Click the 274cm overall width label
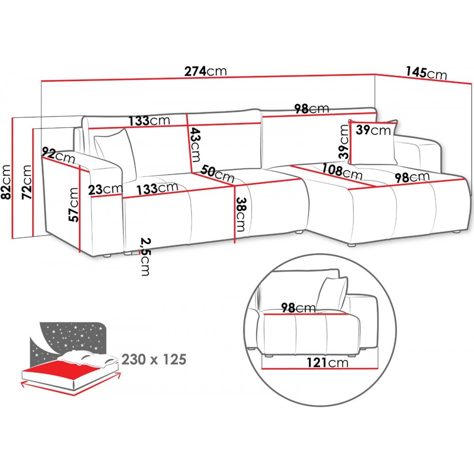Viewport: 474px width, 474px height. (206, 72)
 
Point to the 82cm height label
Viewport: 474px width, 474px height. (7, 182)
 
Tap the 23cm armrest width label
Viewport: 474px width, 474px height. (105, 189)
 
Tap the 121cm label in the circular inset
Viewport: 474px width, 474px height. (327, 363)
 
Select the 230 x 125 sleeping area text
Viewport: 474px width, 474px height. (154, 359)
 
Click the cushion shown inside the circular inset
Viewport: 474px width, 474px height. (333, 292)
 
